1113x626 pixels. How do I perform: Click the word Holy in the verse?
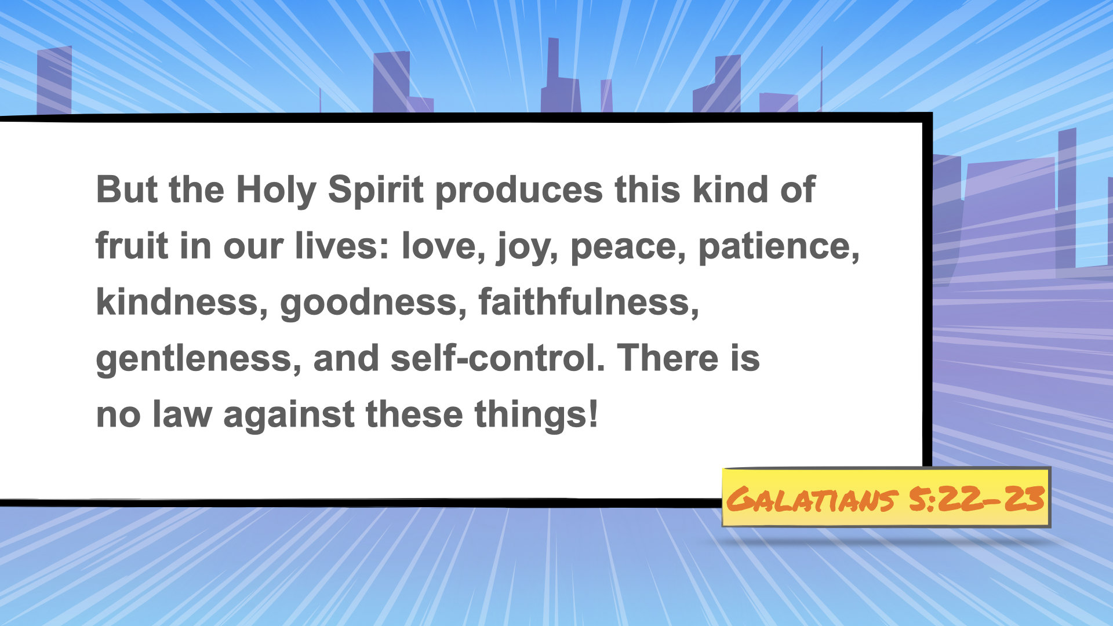(276, 191)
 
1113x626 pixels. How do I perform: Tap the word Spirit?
(376, 191)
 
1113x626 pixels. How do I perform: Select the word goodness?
(373, 304)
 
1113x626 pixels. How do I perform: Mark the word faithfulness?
(588, 302)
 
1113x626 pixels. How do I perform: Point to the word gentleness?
(198, 359)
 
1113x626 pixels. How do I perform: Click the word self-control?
(497, 358)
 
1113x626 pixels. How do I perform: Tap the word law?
(182, 414)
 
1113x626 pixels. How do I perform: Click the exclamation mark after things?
(592, 413)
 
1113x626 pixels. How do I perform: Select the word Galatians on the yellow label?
(812, 500)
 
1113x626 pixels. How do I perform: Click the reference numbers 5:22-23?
(977, 498)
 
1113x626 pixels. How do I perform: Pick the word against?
(289, 415)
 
